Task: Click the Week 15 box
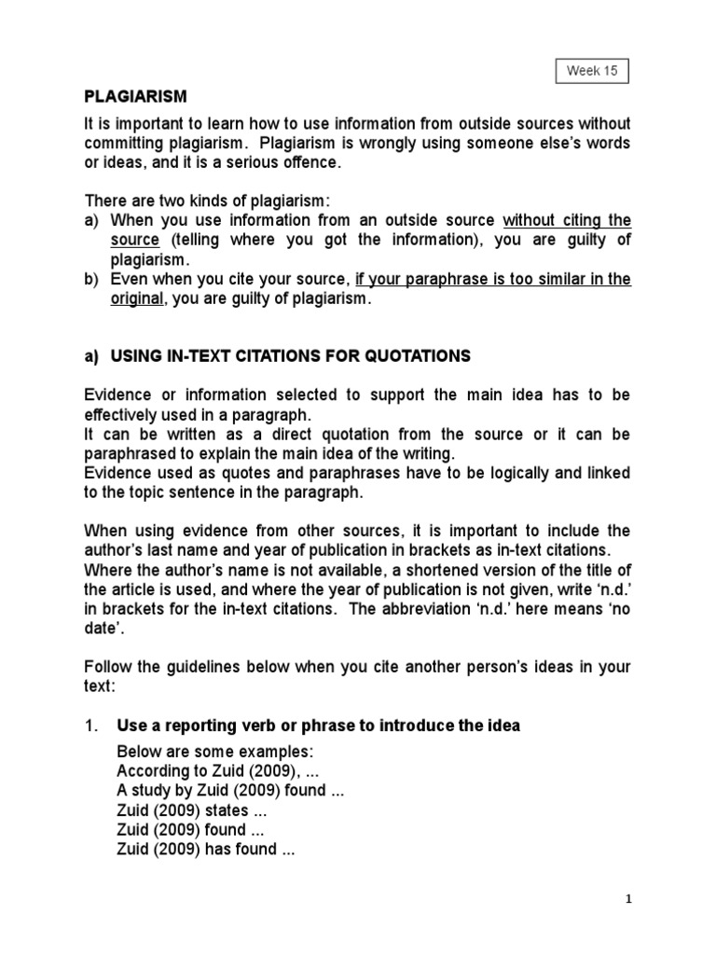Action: point(591,70)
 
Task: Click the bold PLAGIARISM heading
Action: point(136,96)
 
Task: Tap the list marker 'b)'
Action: point(93,279)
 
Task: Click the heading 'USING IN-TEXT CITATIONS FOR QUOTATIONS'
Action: point(291,355)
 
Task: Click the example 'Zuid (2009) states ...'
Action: point(183,810)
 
